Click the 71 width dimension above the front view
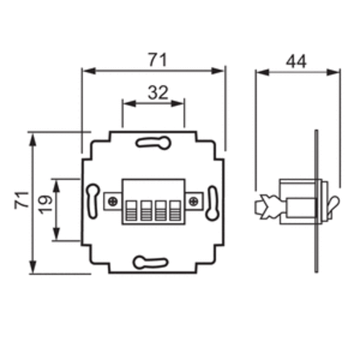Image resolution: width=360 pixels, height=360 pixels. [154, 60]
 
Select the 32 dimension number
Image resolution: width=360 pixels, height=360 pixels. [153, 93]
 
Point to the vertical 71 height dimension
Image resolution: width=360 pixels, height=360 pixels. [20, 199]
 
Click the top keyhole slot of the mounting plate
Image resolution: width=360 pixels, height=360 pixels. [153, 142]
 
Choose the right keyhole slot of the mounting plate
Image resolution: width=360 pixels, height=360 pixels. [212, 202]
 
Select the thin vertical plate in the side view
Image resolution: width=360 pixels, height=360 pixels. [317, 202]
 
